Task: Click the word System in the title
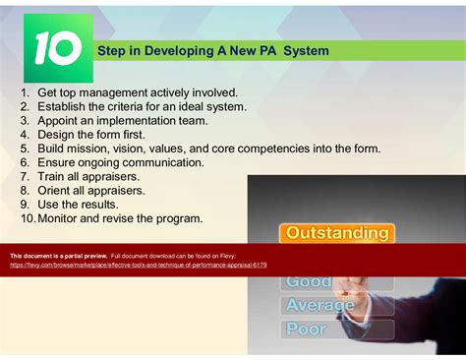click(306, 50)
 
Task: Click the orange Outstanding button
click(336, 233)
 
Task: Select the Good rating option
click(309, 281)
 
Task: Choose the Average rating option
click(320, 305)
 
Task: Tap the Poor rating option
click(306, 329)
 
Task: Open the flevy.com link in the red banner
click(138, 264)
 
